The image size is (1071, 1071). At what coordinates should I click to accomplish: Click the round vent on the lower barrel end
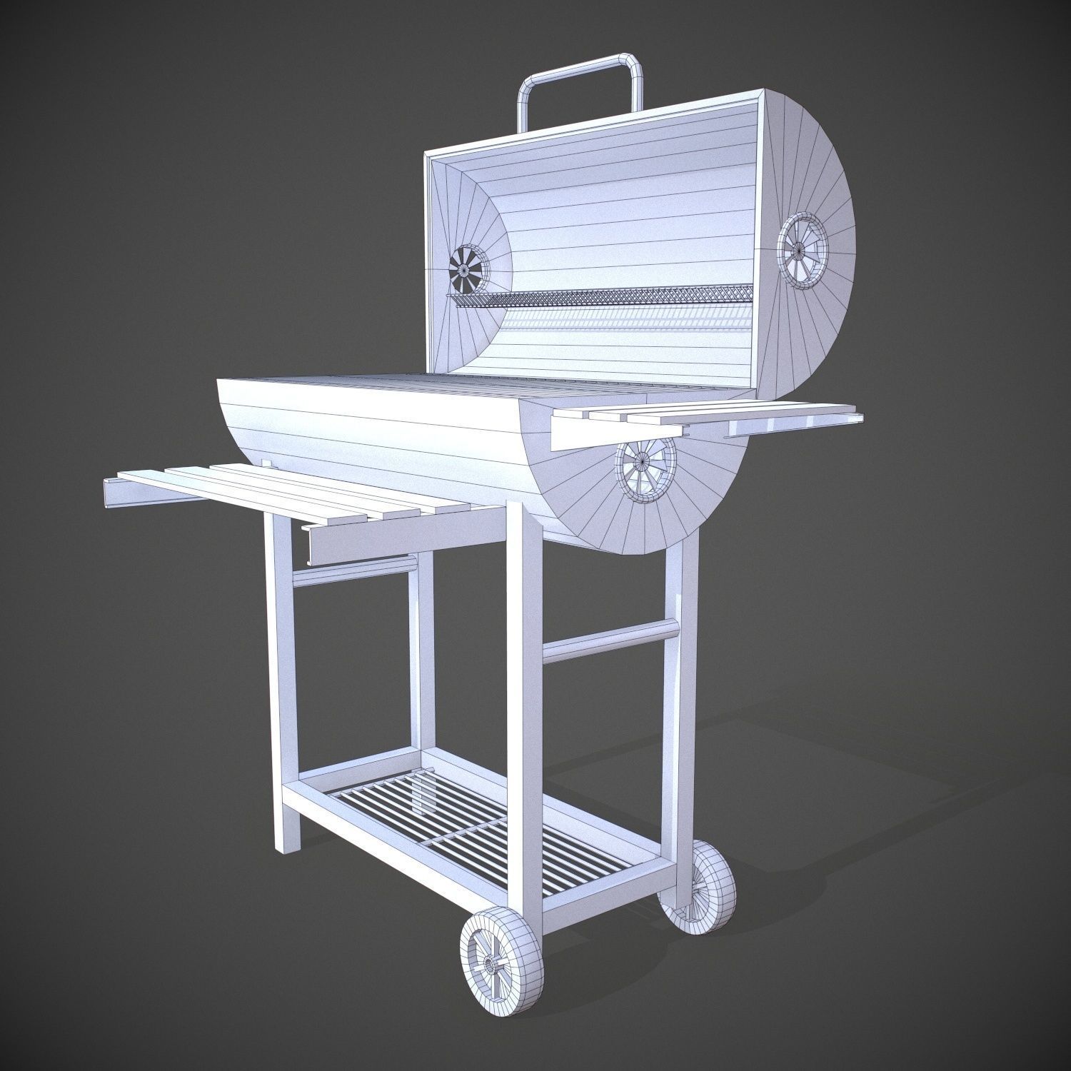[645, 470]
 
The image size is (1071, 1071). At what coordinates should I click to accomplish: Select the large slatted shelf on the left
[286, 493]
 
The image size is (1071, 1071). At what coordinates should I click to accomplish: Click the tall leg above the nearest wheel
[529, 714]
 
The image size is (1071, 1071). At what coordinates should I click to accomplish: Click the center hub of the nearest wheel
[493, 965]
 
